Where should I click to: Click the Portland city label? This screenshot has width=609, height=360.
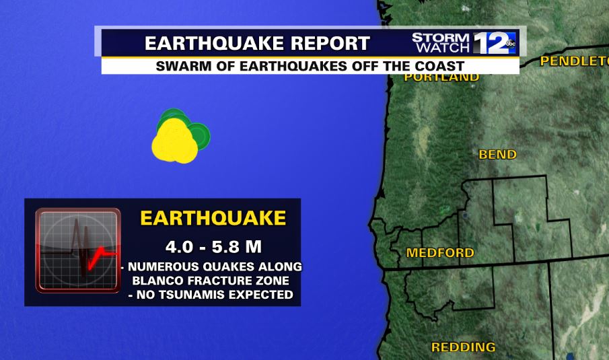click(x=441, y=77)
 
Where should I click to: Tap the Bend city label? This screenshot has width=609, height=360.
click(x=497, y=155)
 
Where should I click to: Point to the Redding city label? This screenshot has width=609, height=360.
click(x=463, y=348)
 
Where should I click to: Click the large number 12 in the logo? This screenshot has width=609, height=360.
click(x=489, y=43)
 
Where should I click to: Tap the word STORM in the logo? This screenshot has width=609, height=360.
click(x=441, y=38)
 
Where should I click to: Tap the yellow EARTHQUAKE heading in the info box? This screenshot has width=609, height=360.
click(x=213, y=219)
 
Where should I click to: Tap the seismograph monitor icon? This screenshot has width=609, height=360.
click(x=78, y=250)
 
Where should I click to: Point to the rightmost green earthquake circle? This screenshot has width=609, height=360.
click(x=199, y=135)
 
